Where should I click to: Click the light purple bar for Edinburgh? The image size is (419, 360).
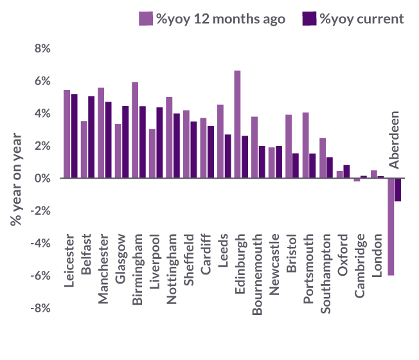pyautogui.click(x=237, y=124)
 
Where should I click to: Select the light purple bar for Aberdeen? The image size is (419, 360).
pyautogui.click(x=391, y=226)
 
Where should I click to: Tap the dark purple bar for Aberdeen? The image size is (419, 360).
pyautogui.click(x=398, y=190)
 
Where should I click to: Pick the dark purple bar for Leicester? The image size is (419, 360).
pyautogui.click(x=74, y=136)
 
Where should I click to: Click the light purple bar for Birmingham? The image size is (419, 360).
pyautogui.click(x=135, y=130)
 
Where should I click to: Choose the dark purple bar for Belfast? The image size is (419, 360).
pyautogui.click(x=91, y=137)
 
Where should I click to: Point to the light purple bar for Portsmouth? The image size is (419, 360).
pyautogui.click(x=305, y=145)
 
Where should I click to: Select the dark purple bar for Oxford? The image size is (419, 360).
pyautogui.click(x=347, y=172)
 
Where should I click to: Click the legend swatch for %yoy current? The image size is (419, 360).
pyautogui.click(x=309, y=19)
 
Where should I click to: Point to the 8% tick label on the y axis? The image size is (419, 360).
pyautogui.click(x=42, y=48)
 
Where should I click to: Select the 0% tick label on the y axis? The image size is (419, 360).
pyautogui.click(x=42, y=178)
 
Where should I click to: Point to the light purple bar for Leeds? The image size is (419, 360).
pyautogui.click(x=220, y=141)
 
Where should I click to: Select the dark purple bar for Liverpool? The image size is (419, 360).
pyautogui.click(x=159, y=143)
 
